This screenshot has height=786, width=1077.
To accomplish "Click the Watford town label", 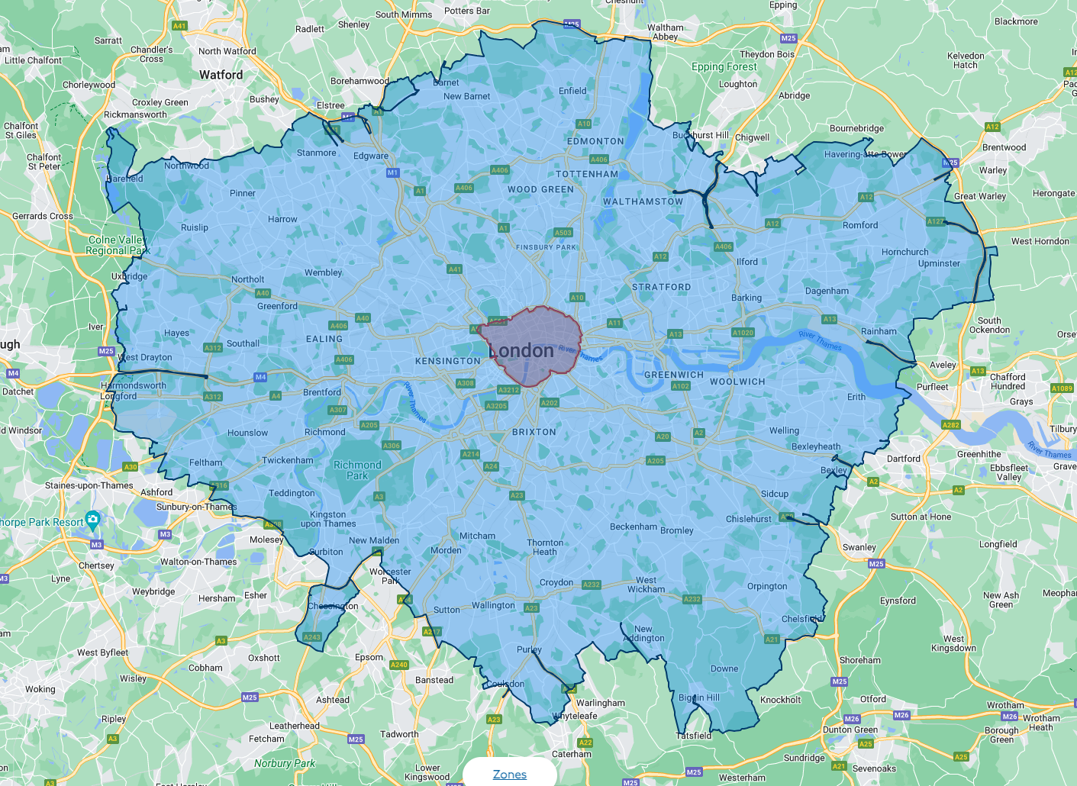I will (x=221, y=75).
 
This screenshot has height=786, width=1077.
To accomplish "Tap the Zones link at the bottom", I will (x=510, y=775).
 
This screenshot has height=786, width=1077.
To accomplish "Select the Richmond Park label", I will (x=357, y=470).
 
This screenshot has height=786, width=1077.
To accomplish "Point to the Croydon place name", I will (x=556, y=582).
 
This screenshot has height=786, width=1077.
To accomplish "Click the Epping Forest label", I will (x=724, y=66).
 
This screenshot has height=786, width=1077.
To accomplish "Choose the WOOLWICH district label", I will (x=737, y=382).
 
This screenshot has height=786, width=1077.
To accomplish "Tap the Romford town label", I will (x=860, y=225).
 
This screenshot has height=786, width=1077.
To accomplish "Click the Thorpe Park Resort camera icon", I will (x=93, y=520).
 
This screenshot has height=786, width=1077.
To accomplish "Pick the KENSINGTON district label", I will (x=448, y=361).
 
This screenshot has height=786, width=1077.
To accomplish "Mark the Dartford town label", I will (x=904, y=459).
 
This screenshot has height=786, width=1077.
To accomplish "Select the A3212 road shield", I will (x=508, y=390).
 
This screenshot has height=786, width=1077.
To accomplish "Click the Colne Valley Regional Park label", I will (x=118, y=245).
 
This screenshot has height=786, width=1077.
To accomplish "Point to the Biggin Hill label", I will (x=699, y=697).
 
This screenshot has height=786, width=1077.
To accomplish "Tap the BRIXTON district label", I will (x=534, y=432).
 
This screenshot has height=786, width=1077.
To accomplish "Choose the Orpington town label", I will (x=767, y=586).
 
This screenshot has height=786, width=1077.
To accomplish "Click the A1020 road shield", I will (x=743, y=333).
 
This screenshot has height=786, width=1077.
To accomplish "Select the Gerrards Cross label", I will (x=43, y=216).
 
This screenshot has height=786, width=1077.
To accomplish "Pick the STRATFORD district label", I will (x=661, y=287).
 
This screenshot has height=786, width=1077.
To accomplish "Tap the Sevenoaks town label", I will (x=874, y=768).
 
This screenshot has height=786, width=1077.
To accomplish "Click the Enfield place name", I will (x=572, y=91).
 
